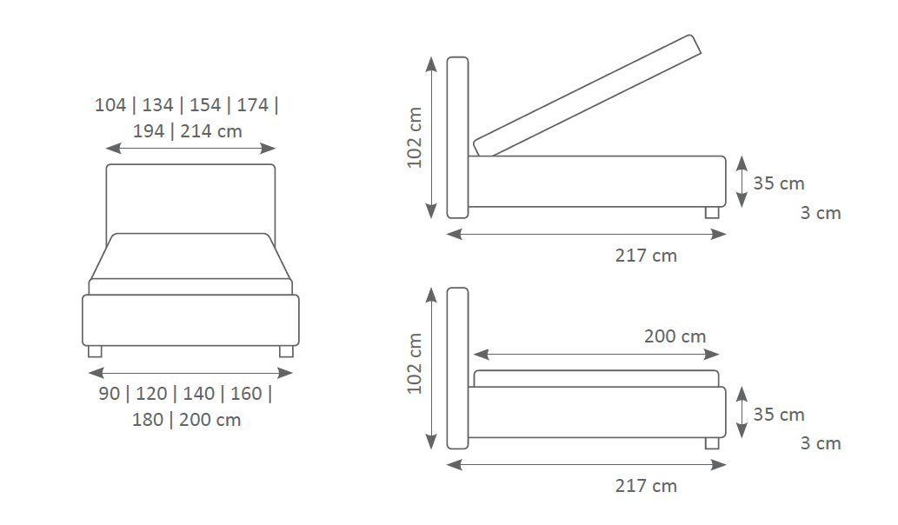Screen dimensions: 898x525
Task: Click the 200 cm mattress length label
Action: [x=675, y=336]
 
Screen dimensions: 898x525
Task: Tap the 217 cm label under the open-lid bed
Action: [x=646, y=256]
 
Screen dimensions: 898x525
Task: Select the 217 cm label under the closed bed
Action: [x=646, y=486]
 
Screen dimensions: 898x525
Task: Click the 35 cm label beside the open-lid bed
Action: [x=778, y=183]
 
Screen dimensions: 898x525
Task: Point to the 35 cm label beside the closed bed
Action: [x=778, y=415]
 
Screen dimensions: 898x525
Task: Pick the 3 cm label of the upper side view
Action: [x=821, y=213]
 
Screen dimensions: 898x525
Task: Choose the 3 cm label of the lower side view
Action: [x=821, y=443]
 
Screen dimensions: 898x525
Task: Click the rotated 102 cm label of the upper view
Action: [x=414, y=138]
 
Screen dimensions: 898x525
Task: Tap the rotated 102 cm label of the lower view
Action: [x=414, y=364]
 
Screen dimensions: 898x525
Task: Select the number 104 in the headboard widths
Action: [x=110, y=105]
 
